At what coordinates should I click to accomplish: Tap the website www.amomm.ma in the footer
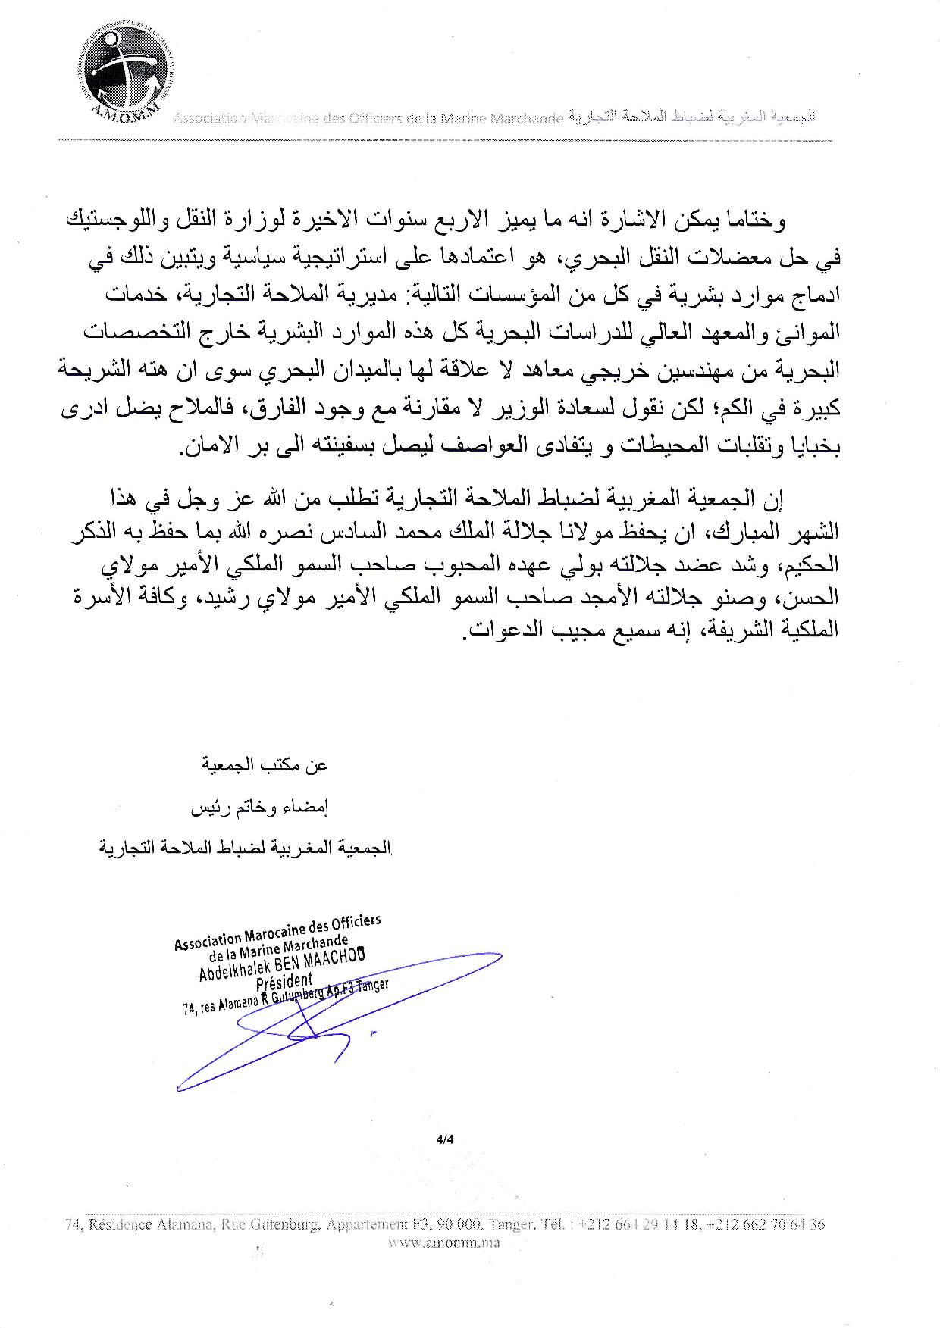(443, 1243)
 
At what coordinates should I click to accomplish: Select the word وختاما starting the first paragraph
(759, 221)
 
